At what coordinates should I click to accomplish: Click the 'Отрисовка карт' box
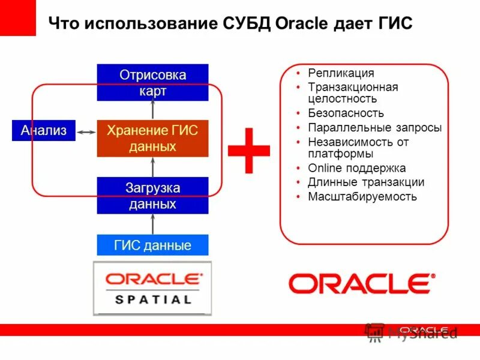point(152,83)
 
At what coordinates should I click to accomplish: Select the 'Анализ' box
point(44,131)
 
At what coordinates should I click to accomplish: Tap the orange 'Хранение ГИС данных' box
point(152,138)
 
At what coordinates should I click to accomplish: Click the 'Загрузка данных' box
point(152,196)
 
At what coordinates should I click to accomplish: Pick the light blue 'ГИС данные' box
point(152,245)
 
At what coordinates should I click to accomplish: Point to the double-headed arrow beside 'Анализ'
point(86,131)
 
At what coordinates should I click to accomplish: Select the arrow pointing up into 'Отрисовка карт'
point(152,110)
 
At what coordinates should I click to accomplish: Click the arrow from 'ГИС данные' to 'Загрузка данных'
point(152,224)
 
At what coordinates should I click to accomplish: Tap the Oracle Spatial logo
point(152,288)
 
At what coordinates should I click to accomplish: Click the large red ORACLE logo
point(362,283)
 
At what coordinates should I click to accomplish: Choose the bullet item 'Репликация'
point(341,73)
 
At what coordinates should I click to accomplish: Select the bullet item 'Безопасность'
point(346,113)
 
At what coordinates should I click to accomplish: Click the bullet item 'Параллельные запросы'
point(374,128)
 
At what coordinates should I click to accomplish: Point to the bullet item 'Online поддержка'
point(356,168)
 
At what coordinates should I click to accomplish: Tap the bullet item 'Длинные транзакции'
point(366,182)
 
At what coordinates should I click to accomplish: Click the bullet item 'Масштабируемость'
point(362,196)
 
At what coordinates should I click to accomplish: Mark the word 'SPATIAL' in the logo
point(152,299)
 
